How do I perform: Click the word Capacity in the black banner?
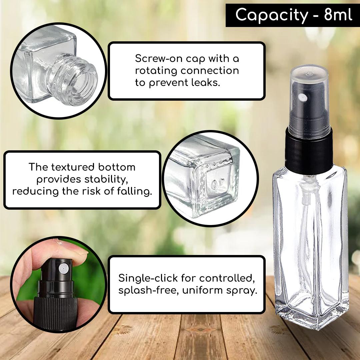click(272, 15)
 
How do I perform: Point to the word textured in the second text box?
click(73, 167)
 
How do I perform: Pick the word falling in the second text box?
click(135, 191)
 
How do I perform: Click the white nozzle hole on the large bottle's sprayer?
click(303, 98)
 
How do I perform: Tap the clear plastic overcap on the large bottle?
click(309, 99)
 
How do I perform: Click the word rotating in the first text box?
click(156, 71)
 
